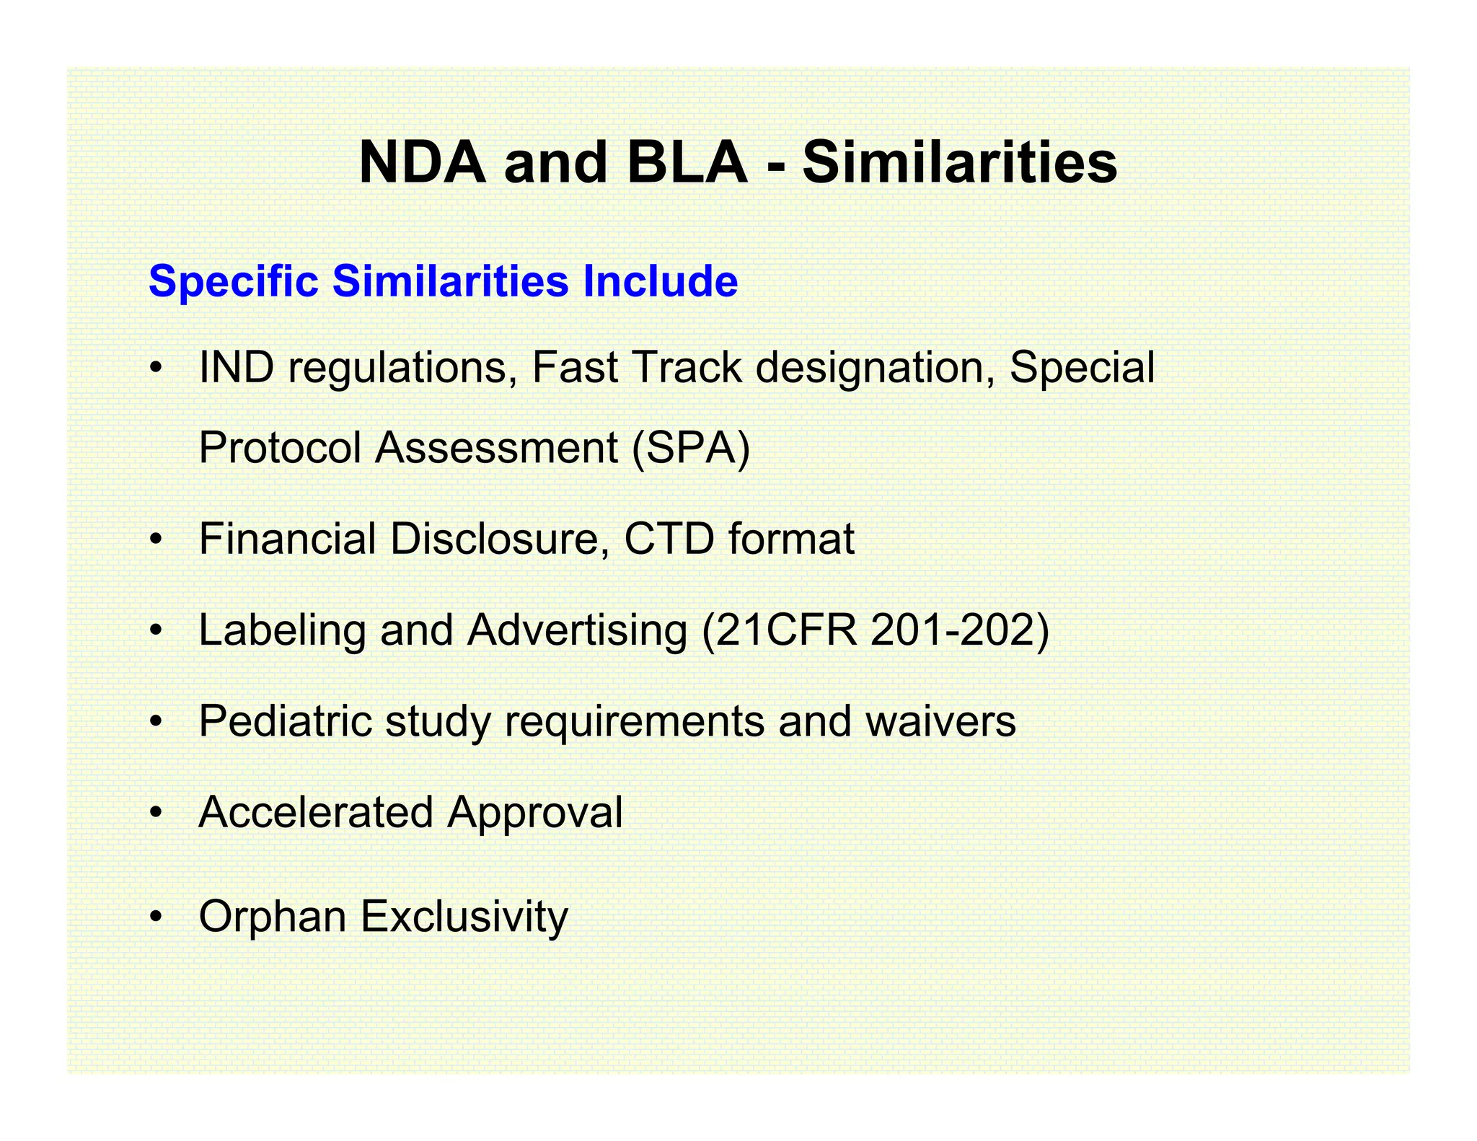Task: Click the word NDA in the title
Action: point(422,162)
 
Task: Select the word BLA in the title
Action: point(687,162)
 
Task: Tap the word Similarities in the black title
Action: point(959,162)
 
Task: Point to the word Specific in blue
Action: point(233,281)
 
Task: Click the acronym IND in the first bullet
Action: point(236,367)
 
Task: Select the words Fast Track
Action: point(637,367)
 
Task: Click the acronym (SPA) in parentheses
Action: point(691,448)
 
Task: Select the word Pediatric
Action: point(285,721)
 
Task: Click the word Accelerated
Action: point(315,813)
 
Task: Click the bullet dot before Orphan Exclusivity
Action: point(155,917)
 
